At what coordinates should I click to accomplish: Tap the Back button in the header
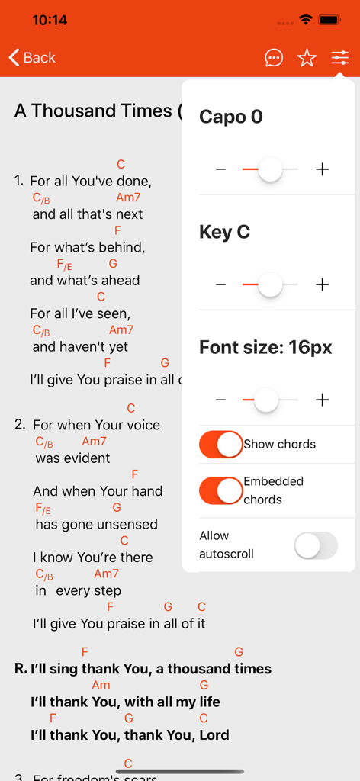click(32, 58)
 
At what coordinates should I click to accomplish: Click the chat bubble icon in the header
click(274, 58)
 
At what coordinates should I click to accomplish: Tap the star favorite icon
click(307, 58)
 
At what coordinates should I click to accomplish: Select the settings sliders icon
click(340, 58)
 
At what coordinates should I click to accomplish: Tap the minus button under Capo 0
click(221, 169)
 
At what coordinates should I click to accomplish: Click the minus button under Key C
click(221, 284)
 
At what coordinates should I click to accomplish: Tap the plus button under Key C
click(323, 284)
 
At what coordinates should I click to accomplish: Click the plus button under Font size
click(323, 400)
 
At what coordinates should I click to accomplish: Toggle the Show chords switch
click(221, 444)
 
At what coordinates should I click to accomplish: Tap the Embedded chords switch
click(221, 490)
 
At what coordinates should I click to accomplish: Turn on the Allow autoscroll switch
click(316, 545)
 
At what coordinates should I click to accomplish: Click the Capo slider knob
click(270, 169)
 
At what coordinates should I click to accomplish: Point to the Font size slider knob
click(265, 400)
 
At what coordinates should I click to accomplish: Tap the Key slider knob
click(270, 284)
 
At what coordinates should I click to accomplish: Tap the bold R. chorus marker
click(21, 669)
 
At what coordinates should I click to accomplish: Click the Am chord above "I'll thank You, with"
click(101, 686)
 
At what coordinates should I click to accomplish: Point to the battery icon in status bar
click(329, 20)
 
